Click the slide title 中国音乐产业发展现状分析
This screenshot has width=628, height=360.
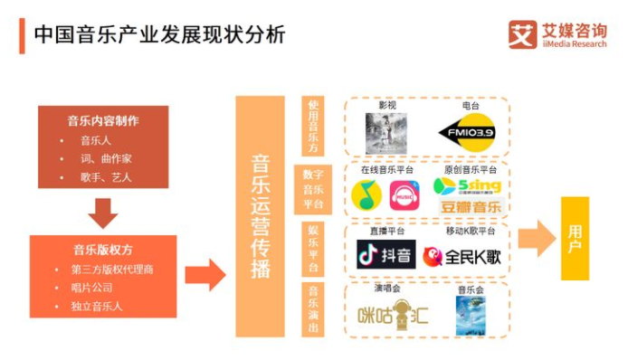click(159, 34)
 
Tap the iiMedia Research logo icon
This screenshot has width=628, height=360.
click(522, 34)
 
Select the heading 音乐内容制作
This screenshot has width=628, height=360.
click(103, 121)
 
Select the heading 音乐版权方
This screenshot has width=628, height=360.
click(103, 250)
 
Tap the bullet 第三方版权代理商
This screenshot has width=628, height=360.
click(113, 269)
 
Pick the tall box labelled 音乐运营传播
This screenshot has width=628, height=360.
click(260, 216)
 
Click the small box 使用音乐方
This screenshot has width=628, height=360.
click(313, 128)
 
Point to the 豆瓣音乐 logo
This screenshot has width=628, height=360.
click(470, 207)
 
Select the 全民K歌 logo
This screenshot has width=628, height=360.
click(461, 257)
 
